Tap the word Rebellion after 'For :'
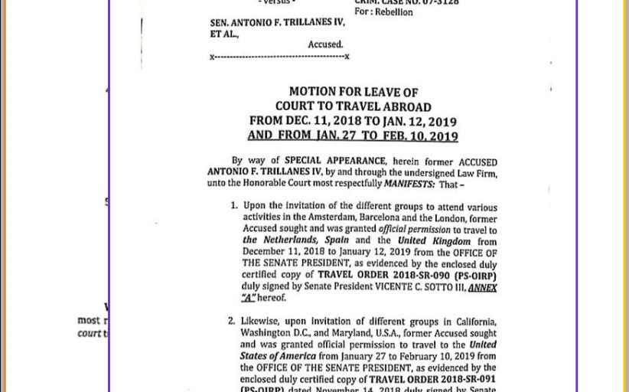[x=394, y=12]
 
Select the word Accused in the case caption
[x=325, y=45]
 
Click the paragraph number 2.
[x=231, y=321]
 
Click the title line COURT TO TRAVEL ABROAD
[x=353, y=106]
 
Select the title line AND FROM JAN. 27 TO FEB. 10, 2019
[x=353, y=136]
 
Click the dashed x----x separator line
[x=279, y=57]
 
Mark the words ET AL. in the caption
[x=224, y=34]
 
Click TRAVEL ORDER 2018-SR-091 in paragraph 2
[x=432, y=379]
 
